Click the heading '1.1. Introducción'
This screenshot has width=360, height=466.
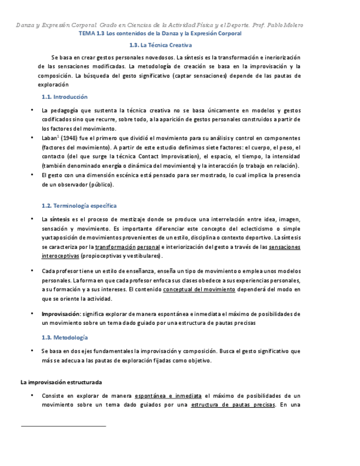coord(64,97)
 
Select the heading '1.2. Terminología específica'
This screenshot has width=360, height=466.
coord(79,206)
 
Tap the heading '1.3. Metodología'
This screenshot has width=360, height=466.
coord(64,337)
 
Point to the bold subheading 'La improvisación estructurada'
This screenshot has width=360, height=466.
coord(61,382)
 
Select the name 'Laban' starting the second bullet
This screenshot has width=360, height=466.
coord(50,138)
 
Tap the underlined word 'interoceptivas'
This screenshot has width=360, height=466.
coord(60,256)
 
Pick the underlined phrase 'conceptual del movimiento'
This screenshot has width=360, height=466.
coord(199,290)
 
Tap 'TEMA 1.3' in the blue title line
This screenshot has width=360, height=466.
coord(91,34)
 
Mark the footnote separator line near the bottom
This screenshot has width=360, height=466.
coord(63,425)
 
